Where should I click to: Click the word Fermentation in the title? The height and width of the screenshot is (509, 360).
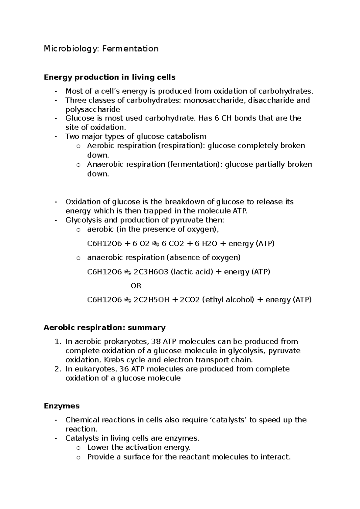[x=130, y=49]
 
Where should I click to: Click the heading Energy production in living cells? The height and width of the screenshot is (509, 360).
[x=109, y=77]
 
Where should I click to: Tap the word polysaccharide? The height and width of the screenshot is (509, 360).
[x=93, y=109]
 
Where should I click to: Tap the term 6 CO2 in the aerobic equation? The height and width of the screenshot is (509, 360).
[x=173, y=243]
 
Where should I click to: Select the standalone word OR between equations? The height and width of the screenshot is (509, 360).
[x=136, y=286]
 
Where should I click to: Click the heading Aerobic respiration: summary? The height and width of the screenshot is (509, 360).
[x=104, y=327]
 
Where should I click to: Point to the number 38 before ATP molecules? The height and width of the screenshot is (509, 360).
[x=156, y=341]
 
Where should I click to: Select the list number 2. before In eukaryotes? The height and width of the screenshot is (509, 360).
[x=58, y=369]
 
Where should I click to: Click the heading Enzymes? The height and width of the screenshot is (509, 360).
[x=61, y=406]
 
